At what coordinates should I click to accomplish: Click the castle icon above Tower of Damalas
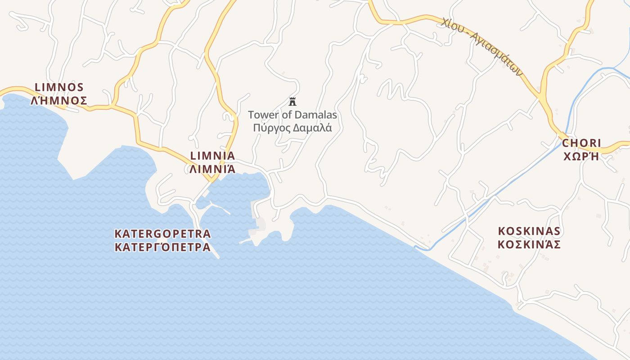pyautogui.click(x=292, y=101)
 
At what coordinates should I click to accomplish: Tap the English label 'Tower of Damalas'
pyautogui.click(x=292, y=115)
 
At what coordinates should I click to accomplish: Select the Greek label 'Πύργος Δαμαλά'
pyautogui.click(x=292, y=128)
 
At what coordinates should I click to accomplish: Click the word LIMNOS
pyautogui.click(x=59, y=87)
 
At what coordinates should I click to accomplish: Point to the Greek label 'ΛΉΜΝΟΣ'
pyautogui.click(x=59, y=100)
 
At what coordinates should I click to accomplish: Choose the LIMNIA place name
pyautogui.click(x=213, y=156)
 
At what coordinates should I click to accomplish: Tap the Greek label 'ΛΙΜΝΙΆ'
pyautogui.click(x=213, y=169)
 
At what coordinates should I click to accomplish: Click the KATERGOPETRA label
pyautogui.click(x=162, y=234)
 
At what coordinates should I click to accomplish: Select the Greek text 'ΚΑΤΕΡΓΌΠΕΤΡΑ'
pyautogui.click(x=162, y=247)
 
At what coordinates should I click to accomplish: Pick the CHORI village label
pyautogui.click(x=581, y=144)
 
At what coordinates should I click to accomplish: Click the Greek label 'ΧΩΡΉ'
pyautogui.click(x=581, y=157)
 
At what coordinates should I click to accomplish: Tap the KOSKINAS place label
pyautogui.click(x=529, y=231)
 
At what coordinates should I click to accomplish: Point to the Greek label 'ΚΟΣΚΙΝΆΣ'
pyautogui.click(x=529, y=244)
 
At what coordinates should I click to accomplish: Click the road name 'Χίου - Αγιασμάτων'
pyautogui.click(x=481, y=46)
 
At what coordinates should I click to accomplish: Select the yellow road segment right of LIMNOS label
pyautogui.click(x=101, y=108)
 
